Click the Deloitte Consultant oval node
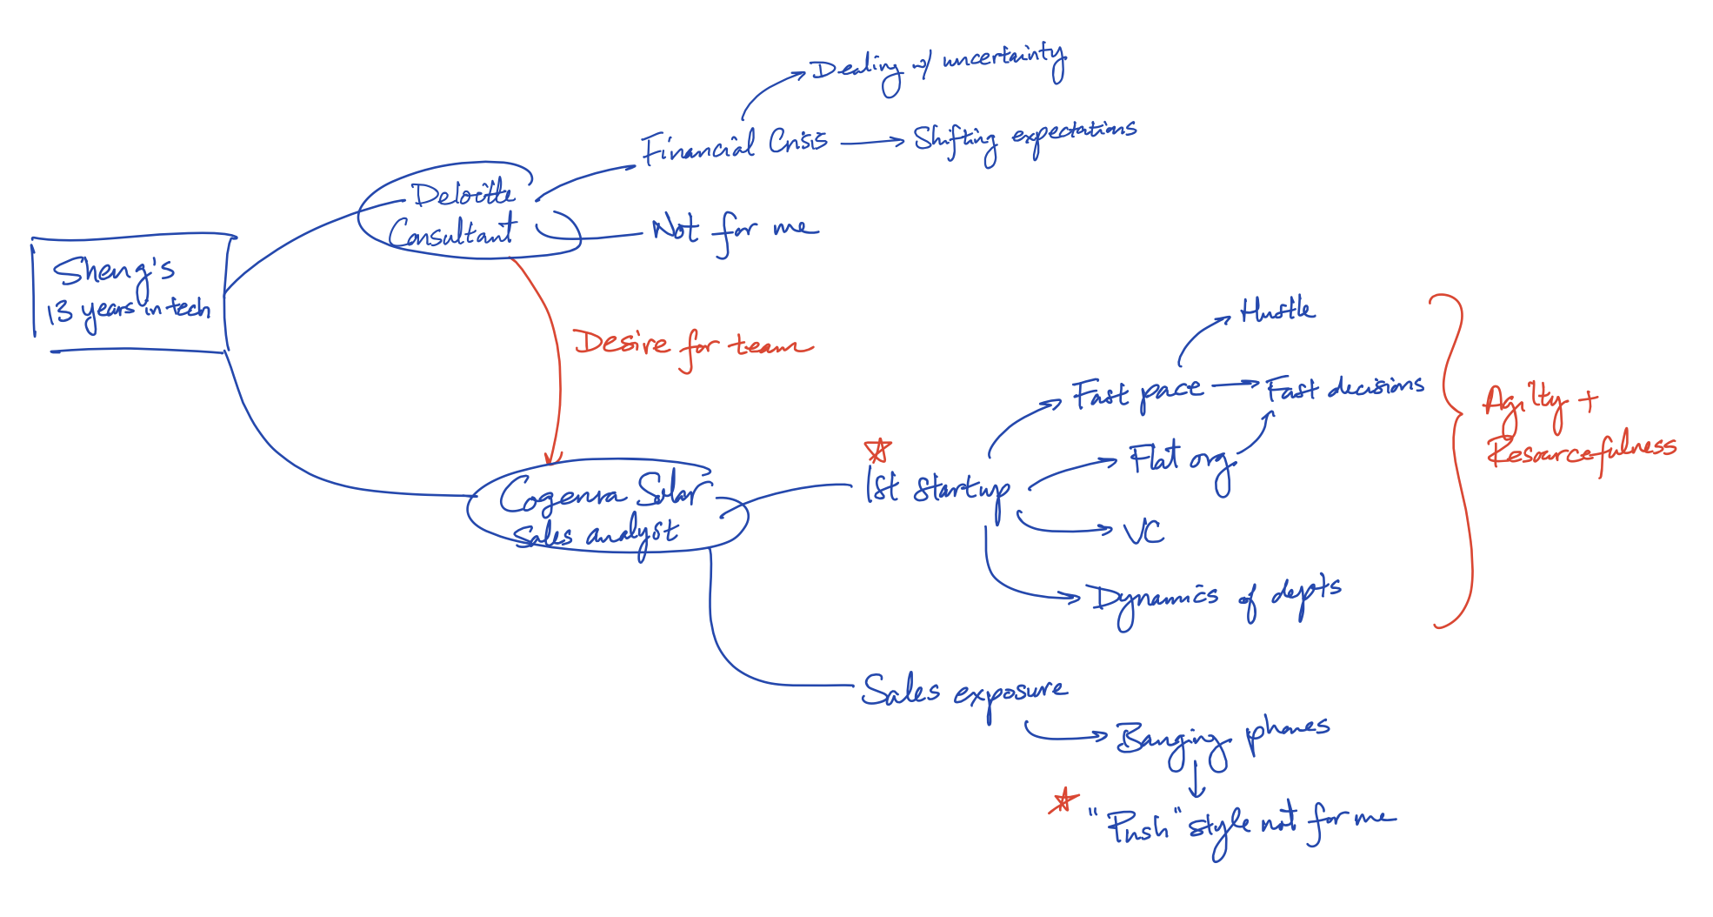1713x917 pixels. click(465, 213)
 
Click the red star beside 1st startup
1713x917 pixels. click(878, 451)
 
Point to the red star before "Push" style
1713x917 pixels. click(1063, 800)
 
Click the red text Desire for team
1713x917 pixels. click(691, 346)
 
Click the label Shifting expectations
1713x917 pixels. click(1024, 137)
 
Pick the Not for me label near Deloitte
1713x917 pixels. click(735, 231)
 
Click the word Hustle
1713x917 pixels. click(1276, 310)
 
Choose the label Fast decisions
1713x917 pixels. click(1344, 388)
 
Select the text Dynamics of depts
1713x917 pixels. click(1216, 599)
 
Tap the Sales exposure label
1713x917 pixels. click(963, 692)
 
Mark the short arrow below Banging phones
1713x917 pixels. click(1196, 780)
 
